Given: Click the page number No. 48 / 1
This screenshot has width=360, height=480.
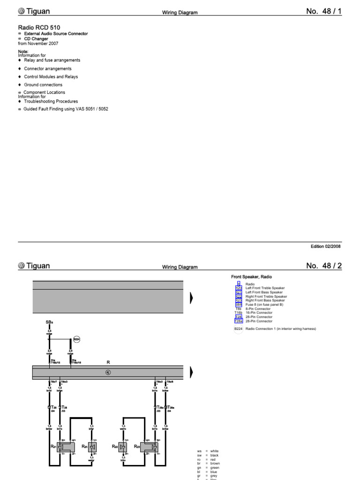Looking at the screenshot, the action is [x=324, y=11].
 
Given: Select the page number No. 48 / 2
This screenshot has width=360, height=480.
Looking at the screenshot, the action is [x=324, y=266].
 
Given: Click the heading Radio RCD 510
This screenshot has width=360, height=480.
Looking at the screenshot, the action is [x=39, y=28].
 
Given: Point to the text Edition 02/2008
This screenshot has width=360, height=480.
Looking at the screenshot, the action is [x=326, y=246].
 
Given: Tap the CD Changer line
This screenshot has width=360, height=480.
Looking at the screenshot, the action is [x=37, y=39].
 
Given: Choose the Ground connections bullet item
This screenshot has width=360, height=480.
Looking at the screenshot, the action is [x=43, y=85].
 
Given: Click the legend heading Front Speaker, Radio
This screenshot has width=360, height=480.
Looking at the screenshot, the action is [x=251, y=277].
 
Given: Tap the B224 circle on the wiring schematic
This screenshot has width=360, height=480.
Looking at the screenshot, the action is [x=77, y=339].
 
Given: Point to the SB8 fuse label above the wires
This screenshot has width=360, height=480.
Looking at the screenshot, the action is [x=50, y=322].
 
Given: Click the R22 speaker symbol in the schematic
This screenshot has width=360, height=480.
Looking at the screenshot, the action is [x=123, y=447].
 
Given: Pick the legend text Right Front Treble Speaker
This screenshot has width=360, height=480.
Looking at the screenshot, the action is [x=266, y=297].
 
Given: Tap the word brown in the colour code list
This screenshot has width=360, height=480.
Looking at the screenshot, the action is [x=215, y=464].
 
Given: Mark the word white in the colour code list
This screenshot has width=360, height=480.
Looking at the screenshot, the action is [x=215, y=451].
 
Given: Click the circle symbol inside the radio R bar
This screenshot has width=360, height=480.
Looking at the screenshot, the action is [x=108, y=372].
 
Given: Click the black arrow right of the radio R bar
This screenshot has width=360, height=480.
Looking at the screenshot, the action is [x=191, y=372].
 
